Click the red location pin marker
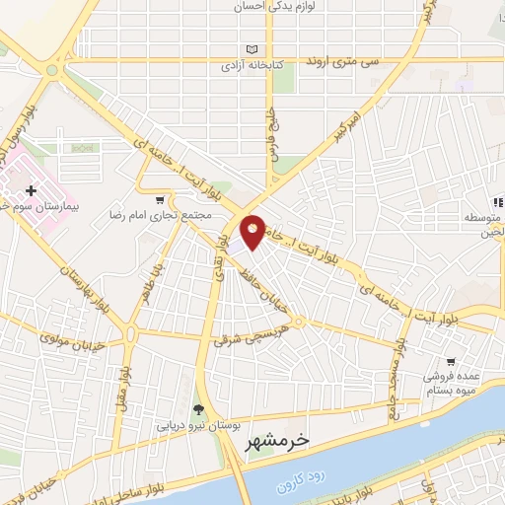point(252,231)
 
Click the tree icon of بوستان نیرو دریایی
point(198,410)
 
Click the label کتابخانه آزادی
point(250,66)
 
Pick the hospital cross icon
point(31,189)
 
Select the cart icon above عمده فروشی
point(450,362)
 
